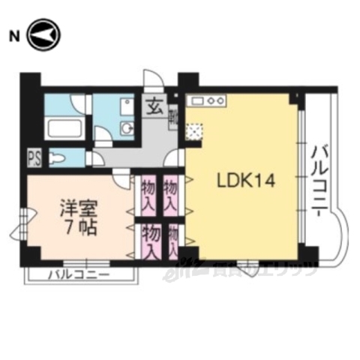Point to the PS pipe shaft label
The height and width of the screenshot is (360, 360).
[x=33, y=158]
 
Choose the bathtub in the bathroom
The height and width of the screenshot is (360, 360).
[x=65, y=127]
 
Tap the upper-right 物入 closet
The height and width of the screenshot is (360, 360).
[x=171, y=194]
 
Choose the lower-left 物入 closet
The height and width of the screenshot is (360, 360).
[x=151, y=241]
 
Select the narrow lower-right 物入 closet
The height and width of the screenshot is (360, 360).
[x=174, y=242]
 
